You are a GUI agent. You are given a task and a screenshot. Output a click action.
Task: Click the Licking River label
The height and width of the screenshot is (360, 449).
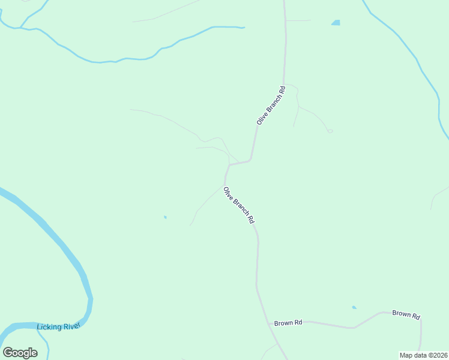point(58,326)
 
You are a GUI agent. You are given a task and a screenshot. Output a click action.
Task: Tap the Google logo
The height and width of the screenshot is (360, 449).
point(20,353)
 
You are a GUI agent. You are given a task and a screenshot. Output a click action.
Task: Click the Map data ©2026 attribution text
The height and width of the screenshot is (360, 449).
point(423,355)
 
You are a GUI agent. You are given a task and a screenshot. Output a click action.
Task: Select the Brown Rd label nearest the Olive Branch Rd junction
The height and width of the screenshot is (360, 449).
point(288,323)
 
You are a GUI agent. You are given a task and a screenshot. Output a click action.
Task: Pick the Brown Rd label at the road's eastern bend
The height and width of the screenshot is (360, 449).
point(406,314)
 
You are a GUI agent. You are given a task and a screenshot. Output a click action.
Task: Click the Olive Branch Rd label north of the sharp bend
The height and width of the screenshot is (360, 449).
point(270,105)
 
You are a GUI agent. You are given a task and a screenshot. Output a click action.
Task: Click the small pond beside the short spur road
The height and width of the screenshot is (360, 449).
point(336,23)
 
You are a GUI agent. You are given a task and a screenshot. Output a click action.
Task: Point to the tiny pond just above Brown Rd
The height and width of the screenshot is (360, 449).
point(354,308)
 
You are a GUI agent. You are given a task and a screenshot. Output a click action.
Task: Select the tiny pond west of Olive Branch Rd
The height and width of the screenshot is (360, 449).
point(165,217)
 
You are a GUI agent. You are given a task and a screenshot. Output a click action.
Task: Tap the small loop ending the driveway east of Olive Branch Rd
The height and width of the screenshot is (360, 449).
point(330,131)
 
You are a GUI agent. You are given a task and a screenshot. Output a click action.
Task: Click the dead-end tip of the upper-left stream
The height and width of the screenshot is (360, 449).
point(243,27)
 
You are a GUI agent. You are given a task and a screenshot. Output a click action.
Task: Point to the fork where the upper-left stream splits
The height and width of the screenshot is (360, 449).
point(21,28)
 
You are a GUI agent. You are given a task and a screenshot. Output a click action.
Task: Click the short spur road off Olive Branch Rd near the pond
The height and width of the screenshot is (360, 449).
point(299,20)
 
